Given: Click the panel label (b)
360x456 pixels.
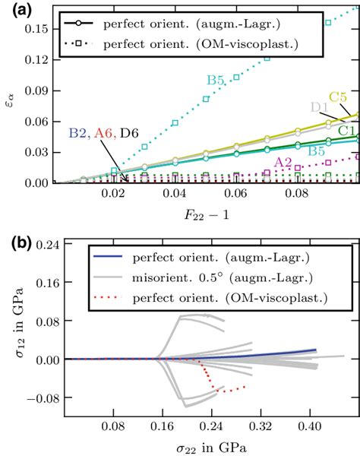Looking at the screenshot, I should (x=17, y=245).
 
